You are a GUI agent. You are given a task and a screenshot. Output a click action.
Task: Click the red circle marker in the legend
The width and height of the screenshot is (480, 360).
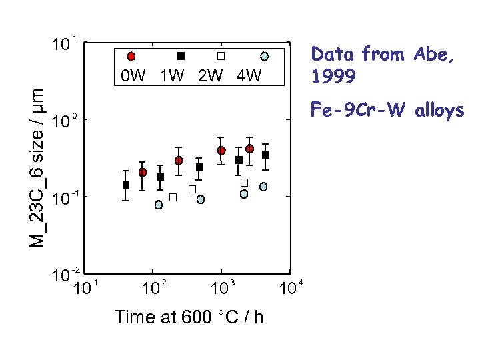pyautogui.click(x=131, y=56)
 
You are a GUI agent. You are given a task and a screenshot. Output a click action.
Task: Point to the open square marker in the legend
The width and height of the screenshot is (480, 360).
pyautogui.click(x=222, y=56)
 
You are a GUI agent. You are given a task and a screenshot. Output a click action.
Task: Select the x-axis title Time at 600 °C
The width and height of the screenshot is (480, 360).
pyautogui.click(x=189, y=317)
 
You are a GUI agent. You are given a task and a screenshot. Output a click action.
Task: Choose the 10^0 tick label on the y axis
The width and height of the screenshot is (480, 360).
pyautogui.click(x=65, y=123)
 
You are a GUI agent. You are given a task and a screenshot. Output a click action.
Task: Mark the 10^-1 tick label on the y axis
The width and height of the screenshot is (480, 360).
pyautogui.click(x=66, y=198)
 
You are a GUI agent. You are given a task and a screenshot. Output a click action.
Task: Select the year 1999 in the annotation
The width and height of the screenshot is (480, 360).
pyautogui.click(x=333, y=77)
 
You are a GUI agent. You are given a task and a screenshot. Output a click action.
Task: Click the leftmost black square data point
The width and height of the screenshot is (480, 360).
pyautogui.click(x=126, y=185)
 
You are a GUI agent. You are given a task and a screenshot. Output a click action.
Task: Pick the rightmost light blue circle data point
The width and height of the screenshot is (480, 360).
pyautogui.click(x=263, y=187)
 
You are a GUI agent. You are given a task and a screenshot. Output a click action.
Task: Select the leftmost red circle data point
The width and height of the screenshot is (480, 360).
pyautogui.click(x=143, y=172)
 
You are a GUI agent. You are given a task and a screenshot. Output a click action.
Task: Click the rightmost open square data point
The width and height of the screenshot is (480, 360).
pyautogui.click(x=244, y=182)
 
